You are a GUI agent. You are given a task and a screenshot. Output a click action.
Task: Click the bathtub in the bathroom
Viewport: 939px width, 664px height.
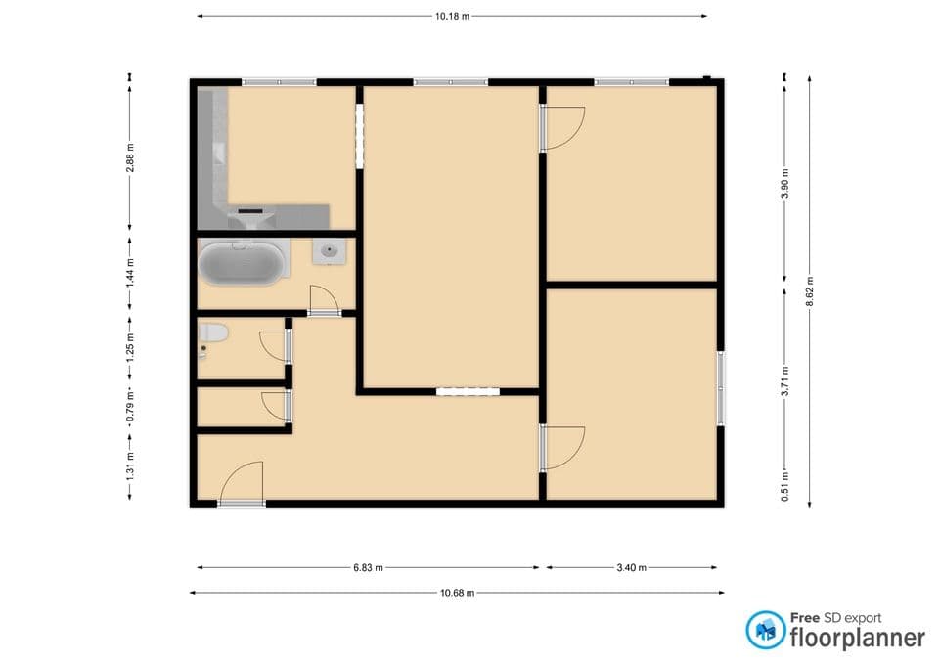click(244, 263)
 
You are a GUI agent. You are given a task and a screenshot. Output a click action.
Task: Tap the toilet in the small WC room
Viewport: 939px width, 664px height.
click(212, 334)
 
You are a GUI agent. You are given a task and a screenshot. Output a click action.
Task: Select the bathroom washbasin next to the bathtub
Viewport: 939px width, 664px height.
click(330, 252)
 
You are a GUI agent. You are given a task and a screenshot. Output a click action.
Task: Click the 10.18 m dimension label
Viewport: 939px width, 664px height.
click(452, 16)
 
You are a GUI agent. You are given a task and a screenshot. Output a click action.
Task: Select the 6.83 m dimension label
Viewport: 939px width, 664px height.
click(367, 567)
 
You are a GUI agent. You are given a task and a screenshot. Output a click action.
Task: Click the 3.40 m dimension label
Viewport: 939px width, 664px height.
click(630, 567)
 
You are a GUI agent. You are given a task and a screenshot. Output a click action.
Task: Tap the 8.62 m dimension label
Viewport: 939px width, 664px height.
click(809, 290)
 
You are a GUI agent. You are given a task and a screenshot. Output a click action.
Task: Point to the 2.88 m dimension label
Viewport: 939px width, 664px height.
click(130, 157)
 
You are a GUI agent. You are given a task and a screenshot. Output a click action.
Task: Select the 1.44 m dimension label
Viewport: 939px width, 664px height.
click(130, 270)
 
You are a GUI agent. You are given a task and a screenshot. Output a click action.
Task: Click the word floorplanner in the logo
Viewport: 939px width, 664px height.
click(857, 638)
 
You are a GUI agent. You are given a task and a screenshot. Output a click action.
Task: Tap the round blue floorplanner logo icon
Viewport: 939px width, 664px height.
click(766, 631)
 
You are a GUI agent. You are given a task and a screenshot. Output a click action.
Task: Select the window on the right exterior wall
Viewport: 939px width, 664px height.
click(721, 388)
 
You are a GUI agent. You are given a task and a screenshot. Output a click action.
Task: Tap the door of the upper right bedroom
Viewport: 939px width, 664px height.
click(562, 128)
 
